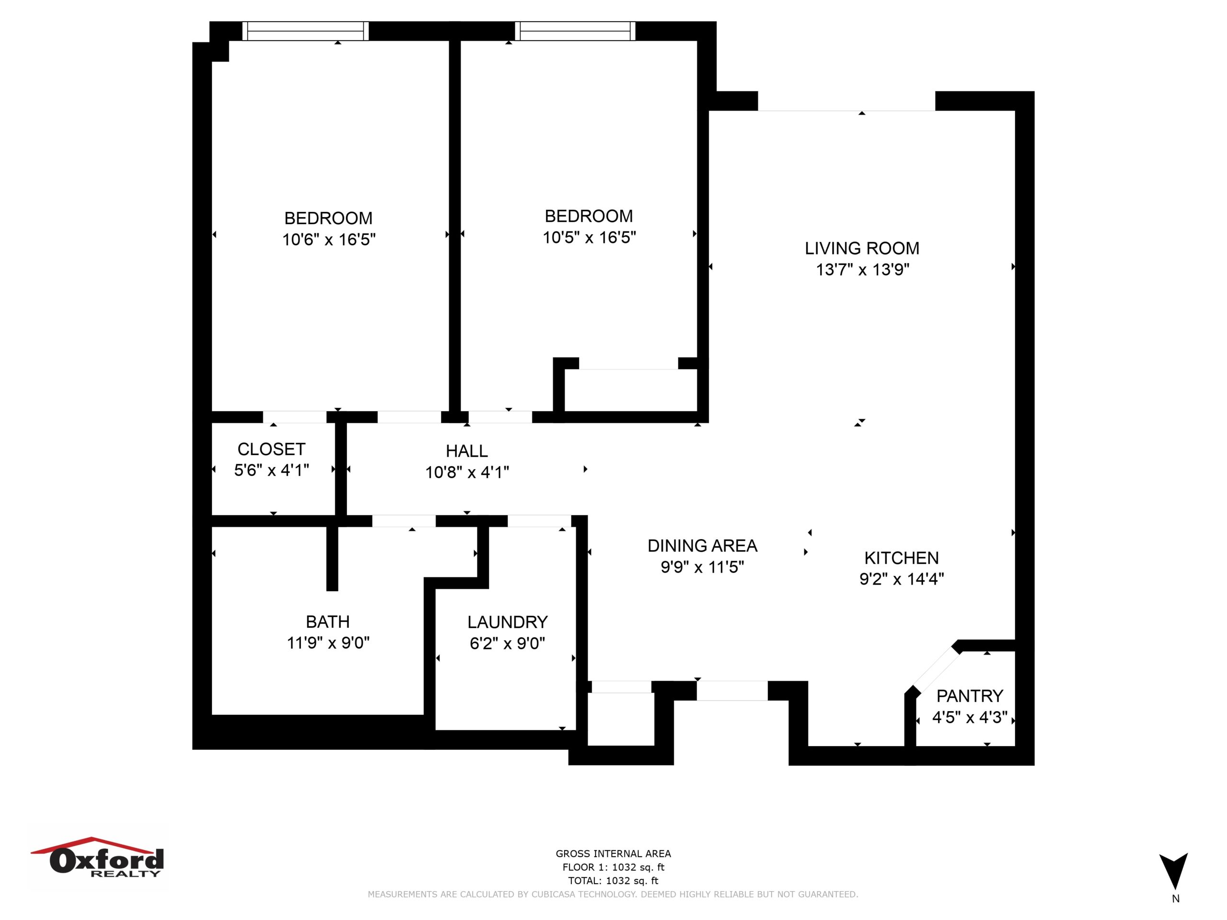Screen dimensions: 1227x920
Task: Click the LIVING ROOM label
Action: pos(861,248)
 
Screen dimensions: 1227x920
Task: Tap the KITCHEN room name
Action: pos(902,558)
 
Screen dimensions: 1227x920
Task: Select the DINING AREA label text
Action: pos(702,546)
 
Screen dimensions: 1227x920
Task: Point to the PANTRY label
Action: pos(970,695)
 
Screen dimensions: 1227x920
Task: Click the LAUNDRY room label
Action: pos(508,622)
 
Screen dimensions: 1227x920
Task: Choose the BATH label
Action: pos(328,621)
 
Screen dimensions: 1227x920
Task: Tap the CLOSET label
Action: pos(271,449)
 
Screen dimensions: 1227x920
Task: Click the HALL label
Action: pos(467,451)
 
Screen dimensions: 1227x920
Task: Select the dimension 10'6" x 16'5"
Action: pos(329,240)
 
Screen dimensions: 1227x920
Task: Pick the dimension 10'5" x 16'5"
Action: pos(589,237)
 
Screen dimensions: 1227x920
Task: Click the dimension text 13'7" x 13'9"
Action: pos(863,269)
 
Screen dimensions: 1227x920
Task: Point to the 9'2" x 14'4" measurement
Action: pos(902,579)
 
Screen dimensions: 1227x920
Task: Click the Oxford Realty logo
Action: pos(98,858)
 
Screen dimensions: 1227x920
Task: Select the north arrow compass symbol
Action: pos(1173,871)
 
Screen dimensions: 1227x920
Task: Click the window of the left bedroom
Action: pos(305,31)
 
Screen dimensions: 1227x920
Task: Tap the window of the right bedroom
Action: pos(575,31)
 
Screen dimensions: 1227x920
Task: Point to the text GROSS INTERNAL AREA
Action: pos(613,854)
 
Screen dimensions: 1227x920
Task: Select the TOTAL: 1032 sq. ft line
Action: pos(613,881)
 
